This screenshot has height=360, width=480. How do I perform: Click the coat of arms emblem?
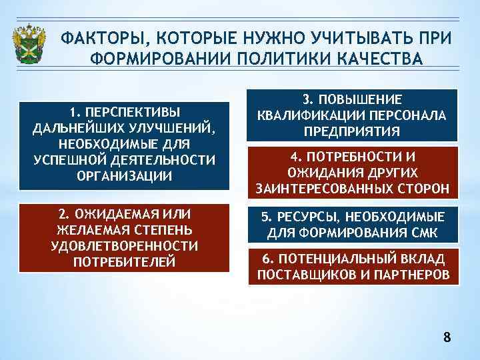[29, 44]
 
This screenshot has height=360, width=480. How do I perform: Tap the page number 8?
[447, 337]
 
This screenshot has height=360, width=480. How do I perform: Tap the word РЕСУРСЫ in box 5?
[300, 217]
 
